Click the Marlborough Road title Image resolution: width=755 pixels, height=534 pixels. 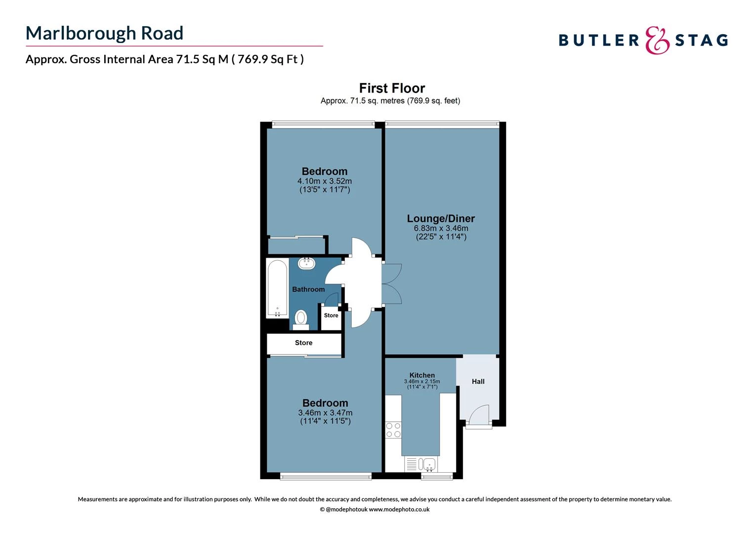104,33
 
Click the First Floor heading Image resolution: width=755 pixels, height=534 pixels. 391,88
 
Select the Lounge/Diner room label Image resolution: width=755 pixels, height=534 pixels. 441,219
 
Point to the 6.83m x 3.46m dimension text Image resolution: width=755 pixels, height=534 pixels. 441,228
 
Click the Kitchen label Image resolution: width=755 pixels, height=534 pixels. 422,375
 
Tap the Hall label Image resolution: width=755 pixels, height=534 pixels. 478,381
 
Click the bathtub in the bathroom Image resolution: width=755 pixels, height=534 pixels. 277,288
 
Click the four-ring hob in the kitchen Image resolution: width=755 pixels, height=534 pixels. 393,430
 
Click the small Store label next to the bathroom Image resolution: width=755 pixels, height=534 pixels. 331,315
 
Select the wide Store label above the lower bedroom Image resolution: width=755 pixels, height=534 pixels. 303,343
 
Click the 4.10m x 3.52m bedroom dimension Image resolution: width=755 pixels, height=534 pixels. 324,181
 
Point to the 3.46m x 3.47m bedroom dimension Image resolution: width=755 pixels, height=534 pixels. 325,412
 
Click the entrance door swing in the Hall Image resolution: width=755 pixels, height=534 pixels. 478,415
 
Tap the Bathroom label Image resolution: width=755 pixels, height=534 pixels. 308,289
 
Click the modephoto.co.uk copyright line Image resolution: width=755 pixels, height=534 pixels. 375,509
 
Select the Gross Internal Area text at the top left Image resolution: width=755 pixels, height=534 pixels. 165,59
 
